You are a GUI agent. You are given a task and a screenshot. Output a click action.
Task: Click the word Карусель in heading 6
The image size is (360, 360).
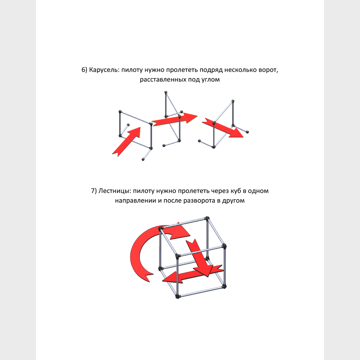point(104,70)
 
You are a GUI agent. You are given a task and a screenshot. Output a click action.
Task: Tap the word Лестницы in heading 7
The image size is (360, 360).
point(115,191)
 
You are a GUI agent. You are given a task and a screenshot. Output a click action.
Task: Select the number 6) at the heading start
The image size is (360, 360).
point(84,70)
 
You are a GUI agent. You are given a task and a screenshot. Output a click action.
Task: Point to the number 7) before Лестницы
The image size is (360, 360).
point(94,191)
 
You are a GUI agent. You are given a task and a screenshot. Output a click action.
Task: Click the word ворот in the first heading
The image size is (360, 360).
point(268,70)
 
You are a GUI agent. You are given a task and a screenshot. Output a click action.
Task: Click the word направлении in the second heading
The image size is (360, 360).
point(135,201)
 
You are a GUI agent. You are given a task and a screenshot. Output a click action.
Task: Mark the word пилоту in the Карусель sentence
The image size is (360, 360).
point(132,70)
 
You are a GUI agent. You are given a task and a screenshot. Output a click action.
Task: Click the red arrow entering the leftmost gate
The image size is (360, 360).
point(127,142)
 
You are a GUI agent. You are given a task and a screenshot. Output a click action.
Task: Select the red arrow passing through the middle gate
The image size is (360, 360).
point(174,119)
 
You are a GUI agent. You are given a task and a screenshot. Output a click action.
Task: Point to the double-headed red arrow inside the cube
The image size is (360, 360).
point(192,274)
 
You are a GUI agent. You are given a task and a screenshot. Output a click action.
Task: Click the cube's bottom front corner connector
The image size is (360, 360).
point(177,296)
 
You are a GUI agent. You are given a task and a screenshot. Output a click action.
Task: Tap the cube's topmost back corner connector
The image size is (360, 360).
point(207,218)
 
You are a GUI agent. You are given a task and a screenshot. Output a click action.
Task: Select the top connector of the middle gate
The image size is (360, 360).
point(166,92)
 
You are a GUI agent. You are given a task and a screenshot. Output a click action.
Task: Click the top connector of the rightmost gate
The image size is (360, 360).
point(233,101)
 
